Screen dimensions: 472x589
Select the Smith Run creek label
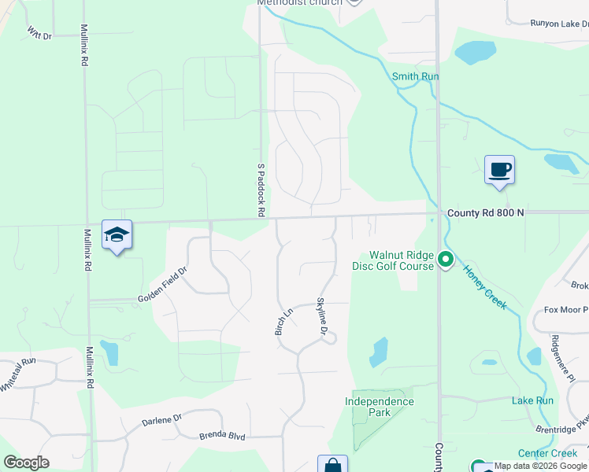(x=415, y=76)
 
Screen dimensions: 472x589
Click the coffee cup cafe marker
(x=499, y=169)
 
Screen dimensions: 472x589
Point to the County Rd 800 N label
(x=485, y=213)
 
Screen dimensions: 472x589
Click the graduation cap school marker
(x=117, y=234)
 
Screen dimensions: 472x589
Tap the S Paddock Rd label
(x=260, y=190)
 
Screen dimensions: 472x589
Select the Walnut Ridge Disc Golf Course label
(x=402, y=260)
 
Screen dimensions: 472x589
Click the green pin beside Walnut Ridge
(x=446, y=258)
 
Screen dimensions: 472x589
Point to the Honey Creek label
(x=483, y=286)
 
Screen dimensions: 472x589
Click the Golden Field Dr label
(x=162, y=285)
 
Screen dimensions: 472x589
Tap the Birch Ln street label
(x=283, y=320)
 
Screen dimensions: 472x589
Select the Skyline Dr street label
(x=321, y=317)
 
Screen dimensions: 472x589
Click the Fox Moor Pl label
(x=566, y=309)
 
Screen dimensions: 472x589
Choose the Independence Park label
(x=379, y=407)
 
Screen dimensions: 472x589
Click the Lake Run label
(x=532, y=400)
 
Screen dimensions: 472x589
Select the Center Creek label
(x=547, y=453)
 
